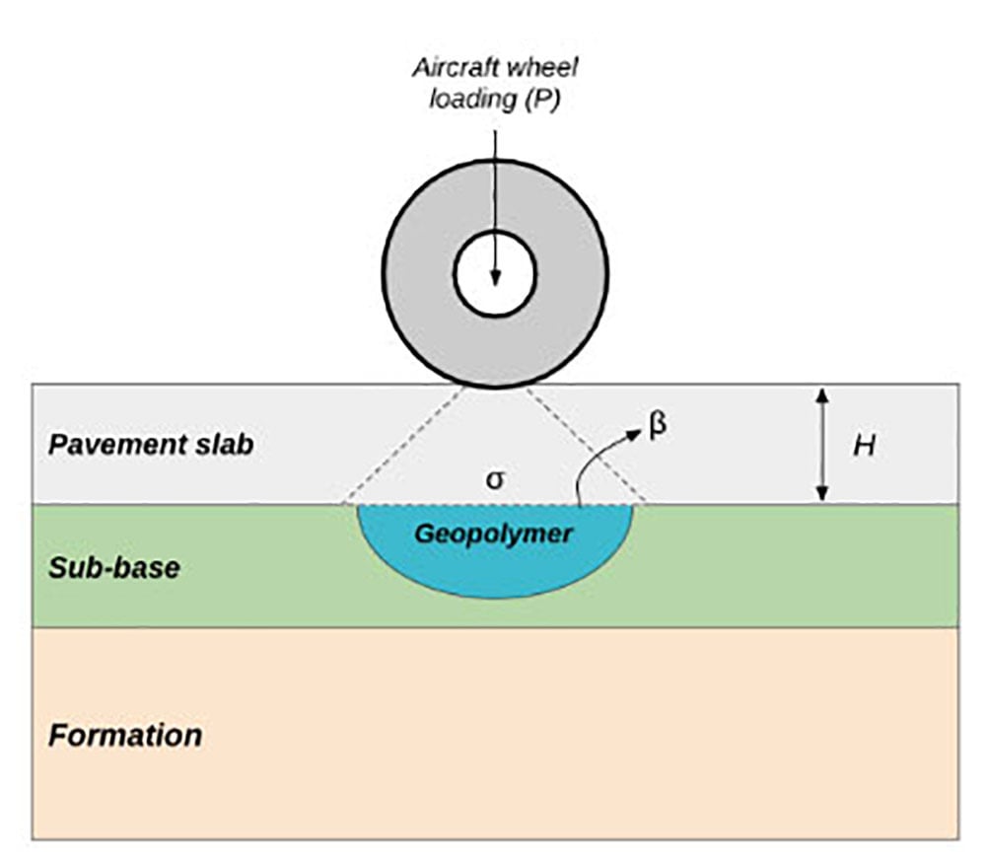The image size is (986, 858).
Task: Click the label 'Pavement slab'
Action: (x=151, y=445)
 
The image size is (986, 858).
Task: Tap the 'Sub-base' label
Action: (x=113, y=568)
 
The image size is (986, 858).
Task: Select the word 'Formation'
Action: (x=125, y=735)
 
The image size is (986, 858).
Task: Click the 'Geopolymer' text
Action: (x=493, y=534)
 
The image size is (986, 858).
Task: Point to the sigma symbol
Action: (x=496, y=480)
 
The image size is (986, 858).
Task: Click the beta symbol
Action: (x=659, y=426)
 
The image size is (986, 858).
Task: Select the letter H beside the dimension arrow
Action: (x=864, y=446)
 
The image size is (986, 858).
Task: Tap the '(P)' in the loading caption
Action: (x=540, y=100)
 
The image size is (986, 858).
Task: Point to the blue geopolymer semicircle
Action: (x=493, y=567)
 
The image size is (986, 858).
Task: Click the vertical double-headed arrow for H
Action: (x=823, y=444)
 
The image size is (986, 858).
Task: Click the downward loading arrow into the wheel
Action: (x=495, y=197)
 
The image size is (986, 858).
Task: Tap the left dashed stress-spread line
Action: (x=404, y=445)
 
